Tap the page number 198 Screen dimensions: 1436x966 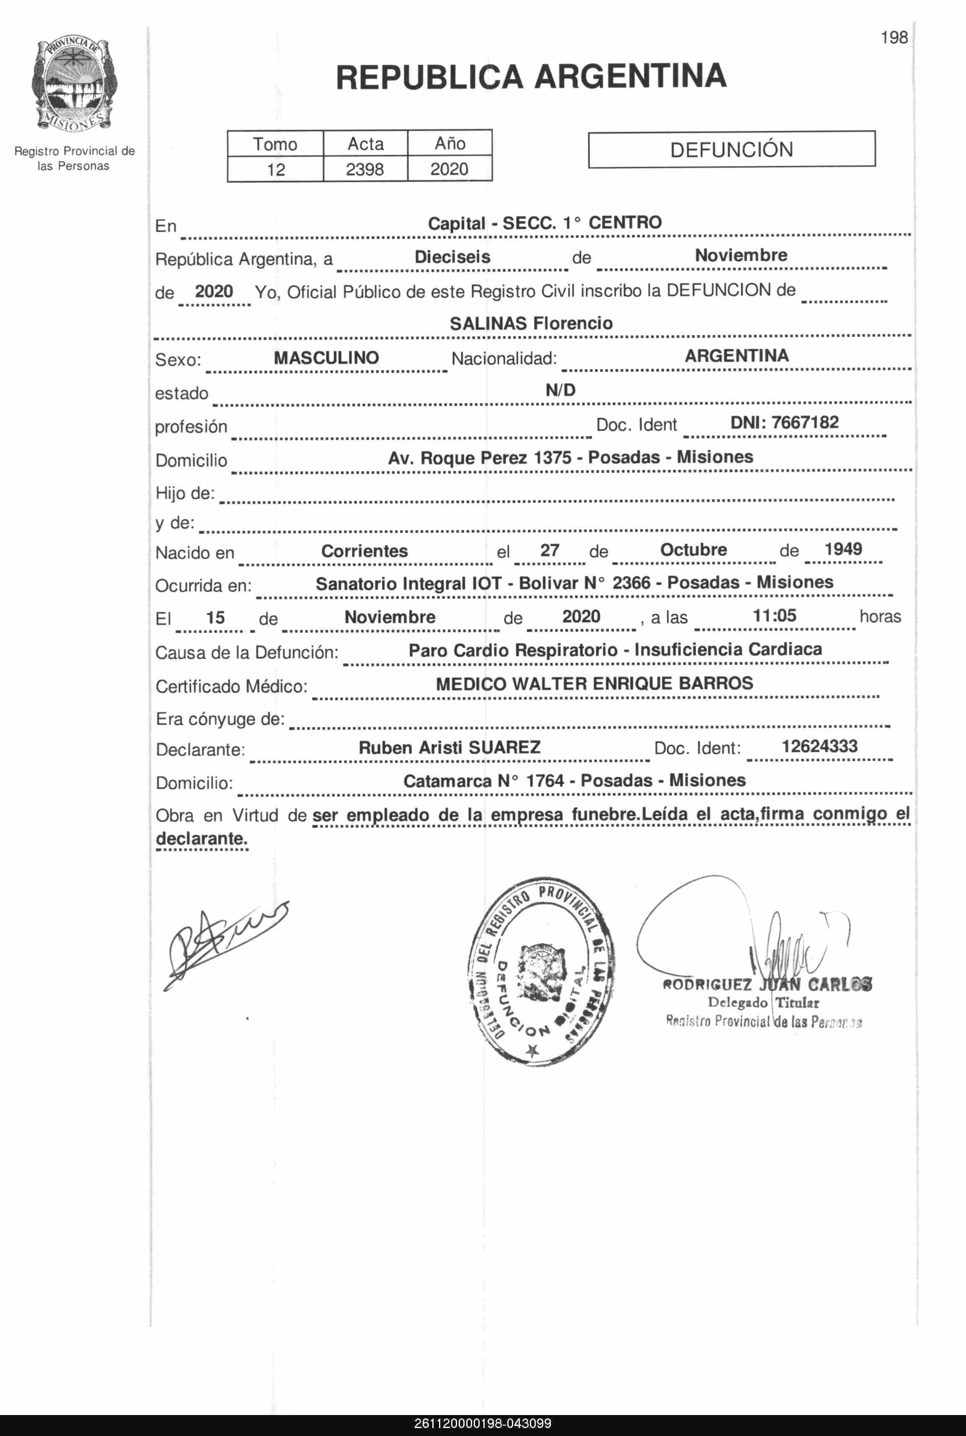894,38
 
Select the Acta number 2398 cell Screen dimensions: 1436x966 365,169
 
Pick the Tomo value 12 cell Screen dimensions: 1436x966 275,169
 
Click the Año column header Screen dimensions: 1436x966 450,144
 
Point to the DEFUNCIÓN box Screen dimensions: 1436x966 731,150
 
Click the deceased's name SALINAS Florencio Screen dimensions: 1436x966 531,324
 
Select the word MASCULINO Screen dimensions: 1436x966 326,358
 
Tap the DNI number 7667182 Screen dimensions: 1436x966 805,423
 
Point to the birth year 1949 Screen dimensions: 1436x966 843,549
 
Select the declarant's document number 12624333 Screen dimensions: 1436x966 819,747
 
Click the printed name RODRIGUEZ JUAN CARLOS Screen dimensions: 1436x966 767,985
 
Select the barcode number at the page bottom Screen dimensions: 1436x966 483,1424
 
